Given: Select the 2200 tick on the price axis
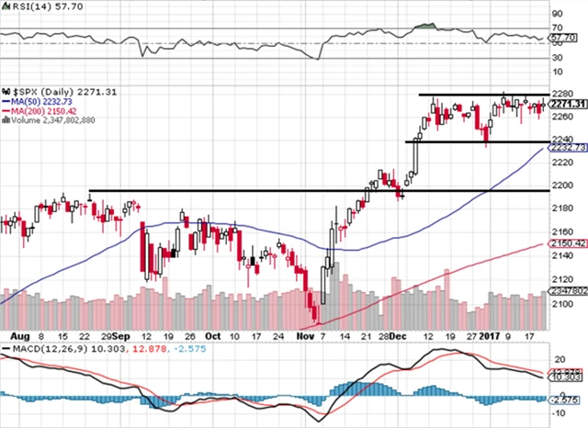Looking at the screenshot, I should point(560,185).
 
